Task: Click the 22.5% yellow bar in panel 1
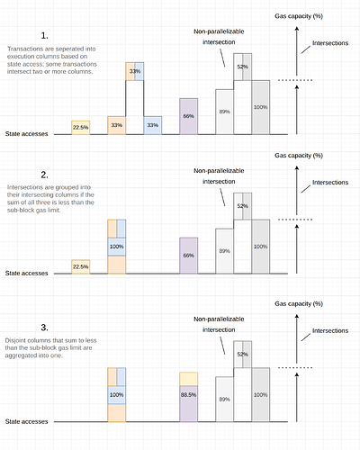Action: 81,128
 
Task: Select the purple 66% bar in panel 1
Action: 189,116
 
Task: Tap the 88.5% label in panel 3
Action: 188,395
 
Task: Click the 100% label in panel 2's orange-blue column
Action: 116,247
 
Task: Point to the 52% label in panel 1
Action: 243,67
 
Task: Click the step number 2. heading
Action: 44,175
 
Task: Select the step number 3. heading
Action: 44,328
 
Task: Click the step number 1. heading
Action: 44,36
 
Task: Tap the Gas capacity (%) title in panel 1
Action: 299,16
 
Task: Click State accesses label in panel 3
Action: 26,421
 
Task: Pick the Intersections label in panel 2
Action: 330,183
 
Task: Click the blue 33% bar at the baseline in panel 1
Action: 153,125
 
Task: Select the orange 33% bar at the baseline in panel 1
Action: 117,125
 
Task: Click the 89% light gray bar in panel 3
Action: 224,400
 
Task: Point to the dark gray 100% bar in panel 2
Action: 261,247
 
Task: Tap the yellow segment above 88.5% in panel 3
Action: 189,379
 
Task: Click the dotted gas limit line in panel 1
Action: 295,80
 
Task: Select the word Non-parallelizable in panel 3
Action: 219,319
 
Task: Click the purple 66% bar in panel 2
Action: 189,256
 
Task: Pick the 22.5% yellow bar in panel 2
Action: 81,266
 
